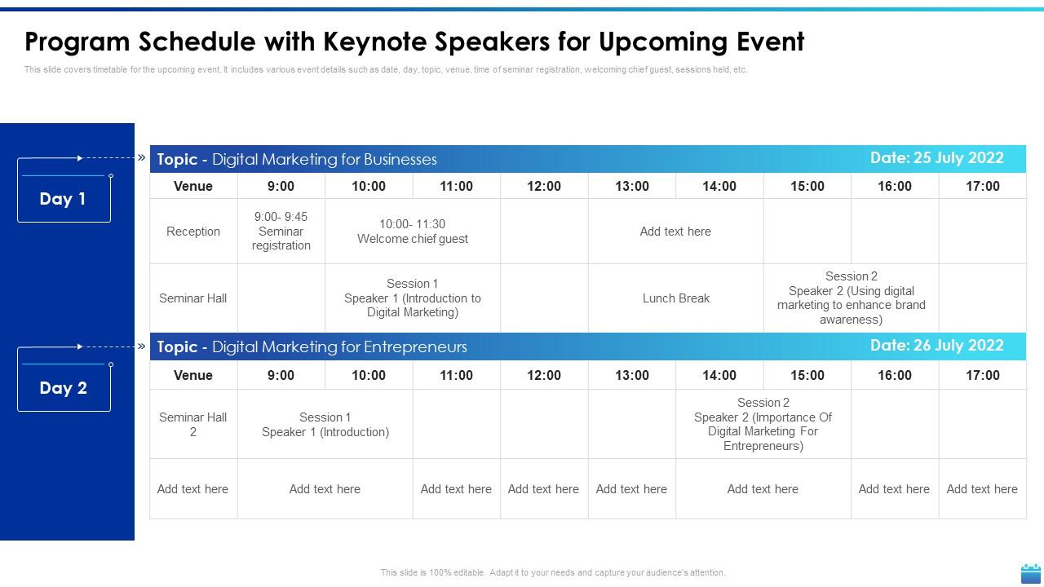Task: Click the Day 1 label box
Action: click(x=64, y=198)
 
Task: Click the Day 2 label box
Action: click(x=64, y=388)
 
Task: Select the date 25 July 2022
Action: click(x=936, y=158)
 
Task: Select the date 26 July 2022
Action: click(x=936, y=346)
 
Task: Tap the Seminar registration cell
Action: click(x=281, y=232)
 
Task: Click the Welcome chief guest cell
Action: click(x=413, y=232)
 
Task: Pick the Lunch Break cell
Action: click(x=675, y=298)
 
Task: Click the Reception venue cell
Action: click(x=193, y=232)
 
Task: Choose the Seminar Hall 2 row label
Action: click(x=193, y=425)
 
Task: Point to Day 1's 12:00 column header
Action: click(x=544, y=187)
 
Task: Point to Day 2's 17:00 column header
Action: click(x=982, y=376)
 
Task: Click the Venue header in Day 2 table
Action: click(x=193, y=376)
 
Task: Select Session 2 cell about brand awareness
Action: click(x=851, y=298)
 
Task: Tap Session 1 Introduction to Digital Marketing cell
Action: click(x=413, y=298)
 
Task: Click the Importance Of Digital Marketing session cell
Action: click(x=763, y=425)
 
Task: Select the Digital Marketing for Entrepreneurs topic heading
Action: click(x=312, y=347)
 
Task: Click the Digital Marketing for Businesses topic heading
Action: click(x=297, y=160)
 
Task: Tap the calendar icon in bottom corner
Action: click(x=1031, y=573)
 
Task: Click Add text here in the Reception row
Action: click(x=675, y=232)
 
